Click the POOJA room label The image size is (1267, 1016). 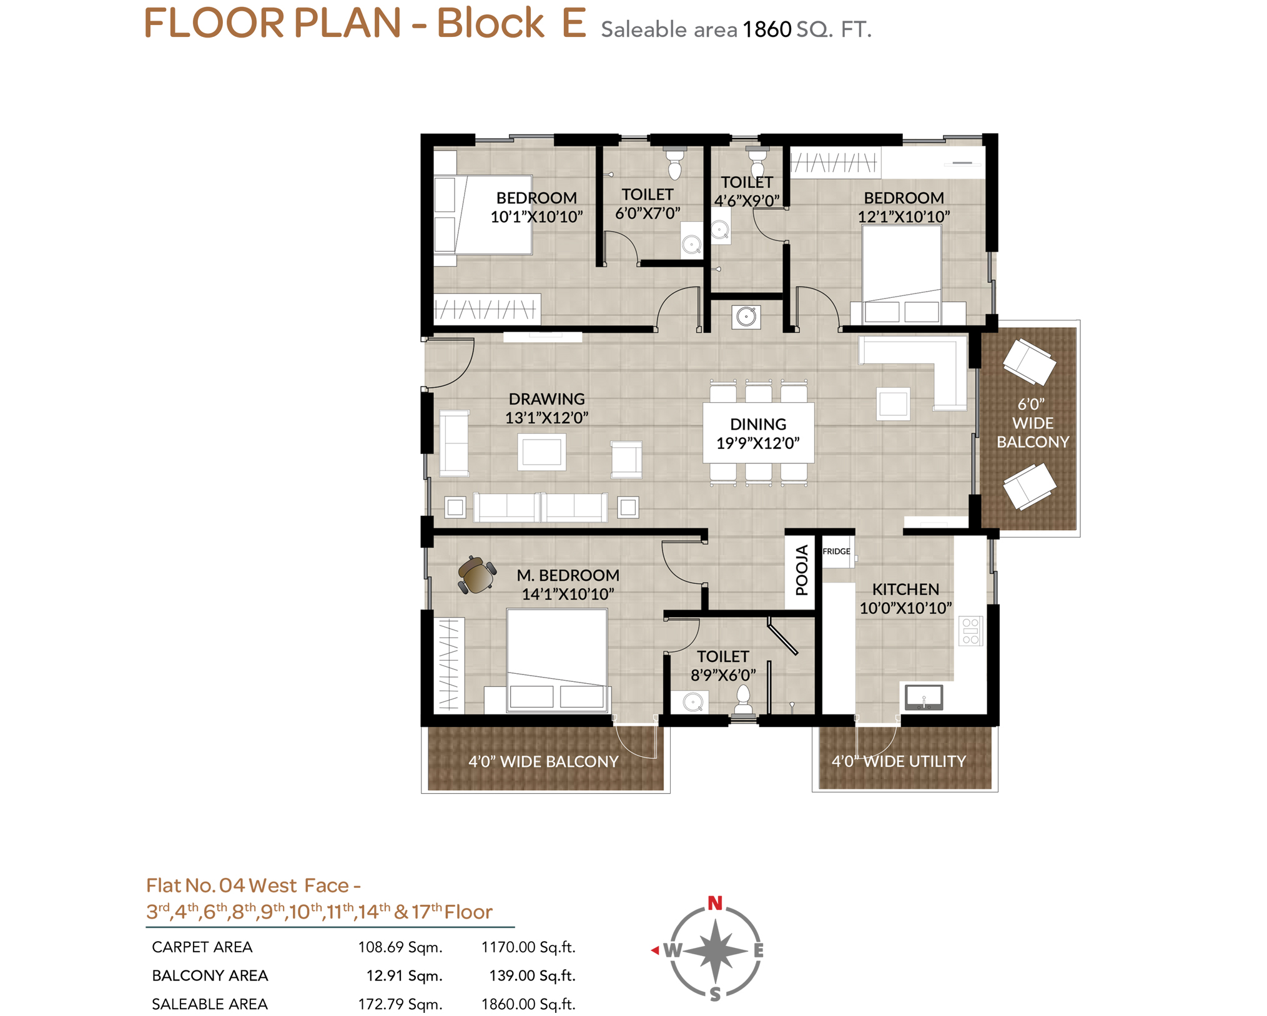(802, 570)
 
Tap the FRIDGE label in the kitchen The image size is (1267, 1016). (836, 551)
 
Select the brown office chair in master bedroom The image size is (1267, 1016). (477, 575)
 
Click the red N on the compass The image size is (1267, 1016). (715, 903)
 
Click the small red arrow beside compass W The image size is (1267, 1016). (655, 950)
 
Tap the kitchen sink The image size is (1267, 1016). (924, 697)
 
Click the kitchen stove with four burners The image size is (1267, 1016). (970, 631)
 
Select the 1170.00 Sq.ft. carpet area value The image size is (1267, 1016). (528, 947)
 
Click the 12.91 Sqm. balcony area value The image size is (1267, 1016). (404, 976)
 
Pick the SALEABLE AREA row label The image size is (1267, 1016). (210, 1004)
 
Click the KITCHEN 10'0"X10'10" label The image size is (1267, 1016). (905, 598)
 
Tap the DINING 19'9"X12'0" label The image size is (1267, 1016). (758, 433)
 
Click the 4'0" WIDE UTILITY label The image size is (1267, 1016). (899, 761)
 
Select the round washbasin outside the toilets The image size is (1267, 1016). (746, 317)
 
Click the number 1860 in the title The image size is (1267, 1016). (767, 29)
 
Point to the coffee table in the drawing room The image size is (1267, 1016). (541, 452)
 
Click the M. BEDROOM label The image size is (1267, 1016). (568, 575)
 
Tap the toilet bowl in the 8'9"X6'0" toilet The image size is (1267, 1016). (743, 699)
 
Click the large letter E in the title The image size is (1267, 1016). (574, 22)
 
